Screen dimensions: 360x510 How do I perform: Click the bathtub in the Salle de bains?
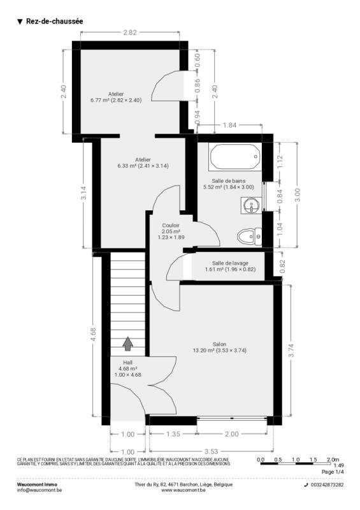(235, 157)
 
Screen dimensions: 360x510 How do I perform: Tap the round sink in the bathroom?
(252, 205)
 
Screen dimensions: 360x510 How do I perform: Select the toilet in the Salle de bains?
(249, 237)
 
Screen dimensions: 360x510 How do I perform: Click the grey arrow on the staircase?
(128, 344)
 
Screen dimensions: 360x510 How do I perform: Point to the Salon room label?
(220, 344)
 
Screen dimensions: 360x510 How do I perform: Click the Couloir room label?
(171, 226)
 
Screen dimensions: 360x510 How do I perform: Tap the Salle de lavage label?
(230, 263)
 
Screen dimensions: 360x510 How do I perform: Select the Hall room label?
(128, 363)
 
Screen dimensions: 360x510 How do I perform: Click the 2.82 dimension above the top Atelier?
(130, 33)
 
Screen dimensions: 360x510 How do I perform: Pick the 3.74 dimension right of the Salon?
(291, 350)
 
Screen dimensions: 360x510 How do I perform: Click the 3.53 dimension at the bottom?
(211, 451)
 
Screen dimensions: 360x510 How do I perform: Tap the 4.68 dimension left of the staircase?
(93, 334)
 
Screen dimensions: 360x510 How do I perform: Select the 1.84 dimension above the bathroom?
(229, 125)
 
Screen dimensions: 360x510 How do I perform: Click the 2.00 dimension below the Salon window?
(231, 434)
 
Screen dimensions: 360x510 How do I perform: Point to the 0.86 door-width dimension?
(198, 85)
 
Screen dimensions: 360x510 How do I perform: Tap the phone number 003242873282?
(327, 484)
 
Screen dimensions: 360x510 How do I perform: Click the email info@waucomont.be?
(39, 490)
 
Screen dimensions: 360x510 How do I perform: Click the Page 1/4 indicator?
(333, 472)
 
